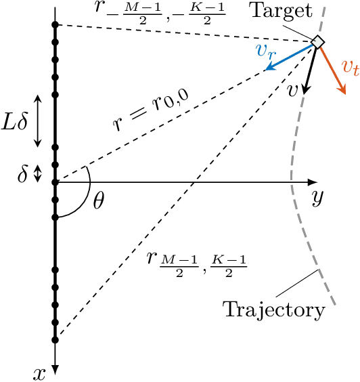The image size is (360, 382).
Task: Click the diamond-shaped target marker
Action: tap(317, 43)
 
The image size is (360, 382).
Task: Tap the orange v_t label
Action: tap(349, 66)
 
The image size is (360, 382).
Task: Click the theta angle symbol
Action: tap(99, 202)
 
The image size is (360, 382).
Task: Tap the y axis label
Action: tap(316, 198)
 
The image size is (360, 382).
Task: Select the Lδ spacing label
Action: tap(16, 124)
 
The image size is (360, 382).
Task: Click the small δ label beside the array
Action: tap(22, 175)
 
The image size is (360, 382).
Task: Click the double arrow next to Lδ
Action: tap(38, 121)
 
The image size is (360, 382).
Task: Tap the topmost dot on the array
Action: tap(55, 25)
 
